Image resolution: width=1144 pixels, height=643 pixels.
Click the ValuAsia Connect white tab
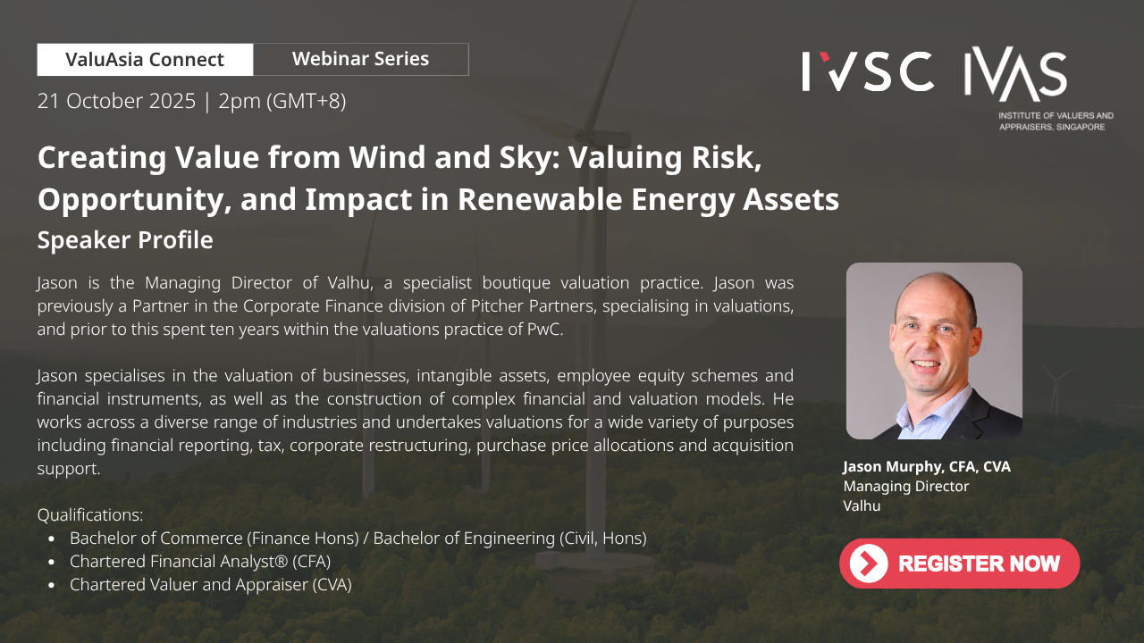(145, 60)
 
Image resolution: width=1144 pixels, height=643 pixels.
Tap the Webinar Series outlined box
(360, 60)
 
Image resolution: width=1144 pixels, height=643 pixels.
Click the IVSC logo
(868, 71)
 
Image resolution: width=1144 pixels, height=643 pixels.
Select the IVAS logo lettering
(1015, 73)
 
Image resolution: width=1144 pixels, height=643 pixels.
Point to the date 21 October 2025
(116, 101)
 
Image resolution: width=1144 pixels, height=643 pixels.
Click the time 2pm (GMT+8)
(282, 101)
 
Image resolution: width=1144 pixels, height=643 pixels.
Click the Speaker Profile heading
(125, 240)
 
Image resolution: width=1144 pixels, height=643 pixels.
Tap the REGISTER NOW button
(960, 564)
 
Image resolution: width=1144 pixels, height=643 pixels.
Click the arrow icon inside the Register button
(869, 564)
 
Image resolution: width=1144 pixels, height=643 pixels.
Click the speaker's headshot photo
(934, 351)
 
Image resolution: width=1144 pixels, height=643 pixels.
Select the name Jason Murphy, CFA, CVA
(927, 466)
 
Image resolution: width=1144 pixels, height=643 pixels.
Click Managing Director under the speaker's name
(906, 487)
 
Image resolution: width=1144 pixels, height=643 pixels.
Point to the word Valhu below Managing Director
(862, 505)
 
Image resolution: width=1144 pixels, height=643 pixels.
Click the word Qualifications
(90, 515)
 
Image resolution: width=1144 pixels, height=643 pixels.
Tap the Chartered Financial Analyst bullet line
(200, 562)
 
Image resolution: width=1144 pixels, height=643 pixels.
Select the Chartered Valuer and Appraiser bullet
(211, 585)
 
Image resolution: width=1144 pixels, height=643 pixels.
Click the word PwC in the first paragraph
(545, 330)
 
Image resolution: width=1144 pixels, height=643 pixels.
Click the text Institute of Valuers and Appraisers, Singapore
(1056, 121)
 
